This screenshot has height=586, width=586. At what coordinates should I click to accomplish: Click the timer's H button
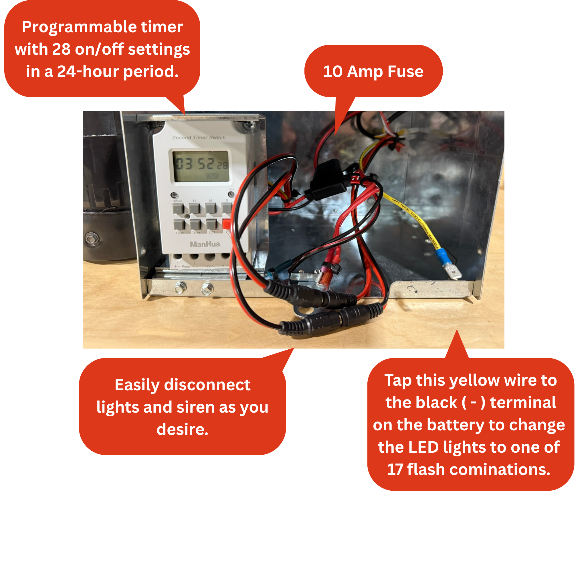coord(195,209)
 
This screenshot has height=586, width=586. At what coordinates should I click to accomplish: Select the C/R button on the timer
coord(212,224)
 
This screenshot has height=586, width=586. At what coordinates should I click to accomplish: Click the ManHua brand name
coord(205,244)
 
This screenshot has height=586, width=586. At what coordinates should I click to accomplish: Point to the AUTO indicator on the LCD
coord(212,176)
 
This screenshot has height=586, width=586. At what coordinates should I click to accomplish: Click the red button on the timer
coord(226,223)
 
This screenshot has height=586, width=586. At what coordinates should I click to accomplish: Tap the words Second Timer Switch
coord(199,137)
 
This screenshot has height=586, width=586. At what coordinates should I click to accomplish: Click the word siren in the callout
coord(196,407)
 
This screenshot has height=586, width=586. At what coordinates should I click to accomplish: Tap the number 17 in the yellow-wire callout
coord(395,469)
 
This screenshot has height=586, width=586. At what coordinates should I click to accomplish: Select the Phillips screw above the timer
coord(250,124)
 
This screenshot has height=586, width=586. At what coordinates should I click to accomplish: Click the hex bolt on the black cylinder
coord(90,238)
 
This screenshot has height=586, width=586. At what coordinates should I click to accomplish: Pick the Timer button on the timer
coord(196,224)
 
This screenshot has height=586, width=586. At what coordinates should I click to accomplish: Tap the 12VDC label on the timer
coord(210,266)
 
